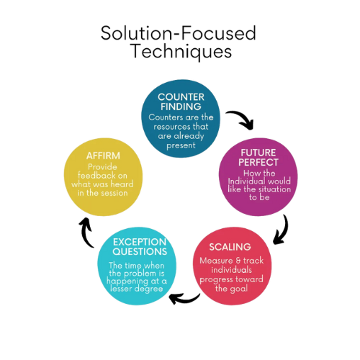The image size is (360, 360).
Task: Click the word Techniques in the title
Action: (182, 51)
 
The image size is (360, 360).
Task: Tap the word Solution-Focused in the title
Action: (179, 33)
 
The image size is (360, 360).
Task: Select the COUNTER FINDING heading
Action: (181, 102)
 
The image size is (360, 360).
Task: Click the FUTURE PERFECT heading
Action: (258, 158)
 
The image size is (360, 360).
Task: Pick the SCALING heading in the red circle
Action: (230, 247)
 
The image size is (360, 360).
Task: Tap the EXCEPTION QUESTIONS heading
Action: (140, 247)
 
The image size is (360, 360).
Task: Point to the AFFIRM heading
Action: (103, 156)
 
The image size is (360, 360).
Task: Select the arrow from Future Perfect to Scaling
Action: (283, 230)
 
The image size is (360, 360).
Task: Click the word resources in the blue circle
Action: (169, 127)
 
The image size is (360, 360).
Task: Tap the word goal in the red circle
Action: (238, 289)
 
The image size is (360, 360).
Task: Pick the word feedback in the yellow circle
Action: (94, 176)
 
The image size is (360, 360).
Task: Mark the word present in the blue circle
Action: (181, 145)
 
